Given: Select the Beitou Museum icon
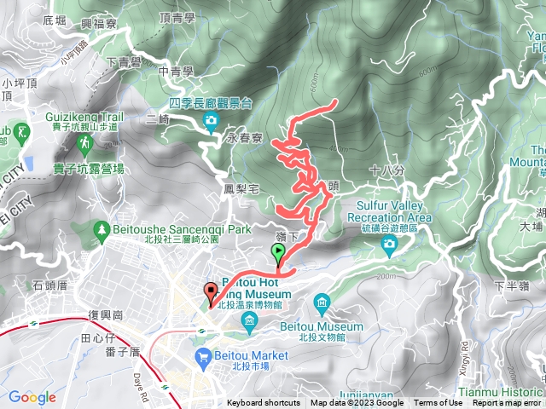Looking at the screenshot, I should [x=322, y=302].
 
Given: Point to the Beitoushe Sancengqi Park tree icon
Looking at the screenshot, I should [x=102, y=229].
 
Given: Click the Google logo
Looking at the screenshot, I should [x=32, y=397].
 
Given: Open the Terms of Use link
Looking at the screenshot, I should [x=439, y=403].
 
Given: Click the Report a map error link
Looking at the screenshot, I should [x=507, y=403].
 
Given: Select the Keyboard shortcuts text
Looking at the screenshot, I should [x=264, y=403].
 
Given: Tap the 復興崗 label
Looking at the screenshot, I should [x=106, y=314].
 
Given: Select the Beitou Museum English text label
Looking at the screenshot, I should [x=334, y=326].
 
